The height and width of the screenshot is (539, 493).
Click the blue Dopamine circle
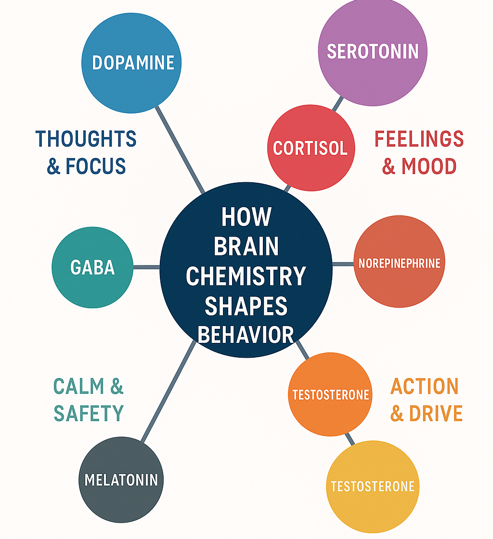click(131, 63)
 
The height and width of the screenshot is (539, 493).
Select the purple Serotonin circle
click(372, 51)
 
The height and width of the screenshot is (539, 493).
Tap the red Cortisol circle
click(311, 148)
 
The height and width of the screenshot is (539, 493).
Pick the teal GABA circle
click(92, 267)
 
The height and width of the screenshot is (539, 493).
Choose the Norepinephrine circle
click(399, 263)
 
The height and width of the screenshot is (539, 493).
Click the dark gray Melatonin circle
click(121, 479)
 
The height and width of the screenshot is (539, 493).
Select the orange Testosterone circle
click(330, 394)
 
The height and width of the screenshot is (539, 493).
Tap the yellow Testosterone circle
click(372, 486)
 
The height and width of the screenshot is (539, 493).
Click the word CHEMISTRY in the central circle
click(246, 276)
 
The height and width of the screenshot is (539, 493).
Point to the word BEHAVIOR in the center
click(246, 335)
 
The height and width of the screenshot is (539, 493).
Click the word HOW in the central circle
click(246, 217)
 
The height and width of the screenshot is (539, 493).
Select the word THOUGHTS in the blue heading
click(86, 139)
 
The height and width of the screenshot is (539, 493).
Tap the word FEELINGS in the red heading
click(419, 139)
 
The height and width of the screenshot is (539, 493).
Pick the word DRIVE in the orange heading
click(435, 414)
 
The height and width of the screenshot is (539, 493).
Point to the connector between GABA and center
click(146, 267)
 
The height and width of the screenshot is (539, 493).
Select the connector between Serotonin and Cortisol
click(338, 103)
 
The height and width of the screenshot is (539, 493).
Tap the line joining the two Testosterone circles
click(350, 439)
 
